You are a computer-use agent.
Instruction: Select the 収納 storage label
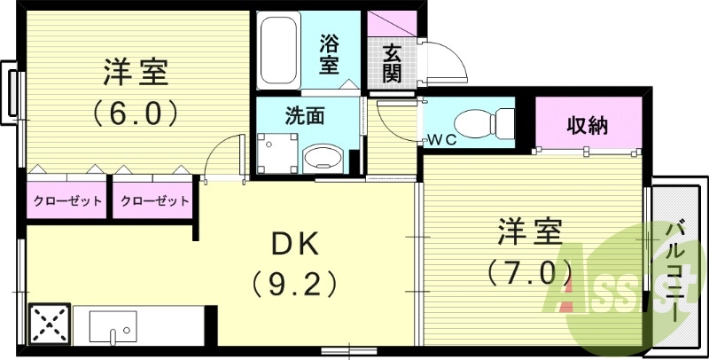pos(588,125)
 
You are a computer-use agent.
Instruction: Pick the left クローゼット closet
pos(66,200)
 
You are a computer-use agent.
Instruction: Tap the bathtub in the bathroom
pos(283,50)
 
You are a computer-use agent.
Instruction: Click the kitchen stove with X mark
pos(50,325)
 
